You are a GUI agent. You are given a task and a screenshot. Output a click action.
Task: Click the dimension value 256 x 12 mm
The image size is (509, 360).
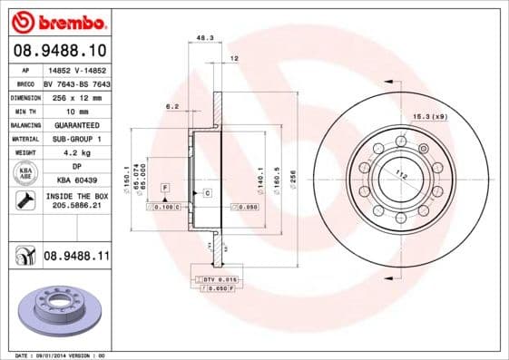tap(77, 96)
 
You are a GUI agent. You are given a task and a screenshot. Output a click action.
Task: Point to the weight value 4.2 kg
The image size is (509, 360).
tap(77, 152)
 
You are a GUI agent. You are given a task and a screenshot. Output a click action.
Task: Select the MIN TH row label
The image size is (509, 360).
tap(24, 110)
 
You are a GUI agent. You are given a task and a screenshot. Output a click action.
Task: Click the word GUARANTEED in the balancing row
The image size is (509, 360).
tap(77, 124)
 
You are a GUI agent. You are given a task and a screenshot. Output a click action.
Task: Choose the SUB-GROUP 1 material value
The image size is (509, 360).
tap(77, 138)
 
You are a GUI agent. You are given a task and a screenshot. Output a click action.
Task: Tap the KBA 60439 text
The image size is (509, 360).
tap(77, 181)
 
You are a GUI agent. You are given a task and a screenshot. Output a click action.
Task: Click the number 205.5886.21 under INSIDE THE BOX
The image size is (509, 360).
tap(77, 207)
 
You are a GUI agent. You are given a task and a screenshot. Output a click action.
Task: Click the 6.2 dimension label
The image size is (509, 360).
tap(171, 106)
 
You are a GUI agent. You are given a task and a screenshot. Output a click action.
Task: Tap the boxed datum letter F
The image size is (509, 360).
tap(165, 187)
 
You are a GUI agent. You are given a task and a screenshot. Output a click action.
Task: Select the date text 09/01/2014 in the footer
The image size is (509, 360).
tap(56, 355)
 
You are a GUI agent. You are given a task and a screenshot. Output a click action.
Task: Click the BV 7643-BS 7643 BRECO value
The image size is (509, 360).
tap(77, 83)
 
